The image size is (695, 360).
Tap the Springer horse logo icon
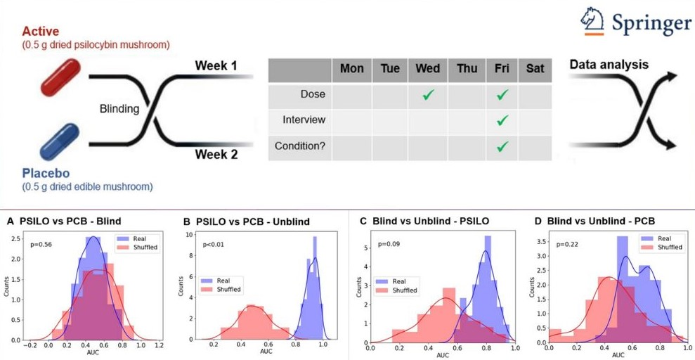tap(594, 20)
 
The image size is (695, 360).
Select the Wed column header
tap(427, 68)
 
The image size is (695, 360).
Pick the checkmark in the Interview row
tap(501, 120)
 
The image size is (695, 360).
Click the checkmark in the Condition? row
tap(501, 146)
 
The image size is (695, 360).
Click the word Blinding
tap(119, 109)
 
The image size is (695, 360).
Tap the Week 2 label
tap(215, 154)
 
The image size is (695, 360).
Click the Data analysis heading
tap(609, 65)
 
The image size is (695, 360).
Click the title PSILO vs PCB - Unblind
tap(254, 221)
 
